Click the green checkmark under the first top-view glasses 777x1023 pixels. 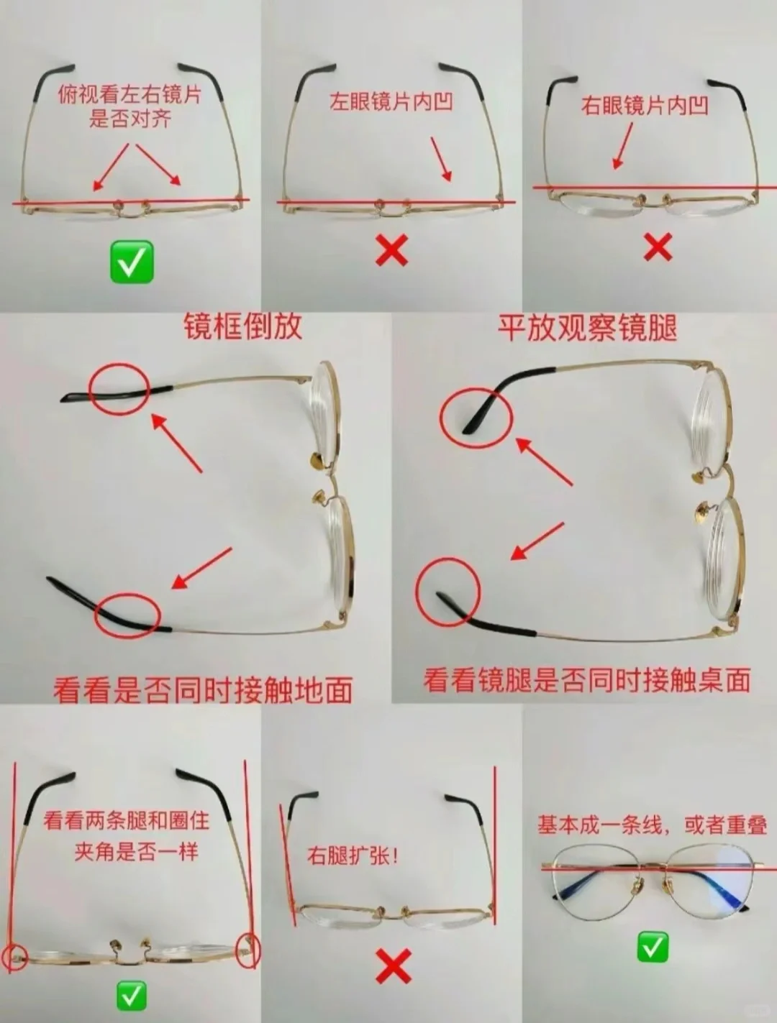pos(132,262)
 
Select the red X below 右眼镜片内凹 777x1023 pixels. pos(657,247)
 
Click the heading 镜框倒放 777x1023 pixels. pos(242,327)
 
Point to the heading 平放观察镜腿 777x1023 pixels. pos(587,328)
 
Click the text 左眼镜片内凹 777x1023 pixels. pos(391,101)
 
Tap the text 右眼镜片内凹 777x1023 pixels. pos(645,106)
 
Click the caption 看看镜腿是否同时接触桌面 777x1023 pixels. pos(586,679)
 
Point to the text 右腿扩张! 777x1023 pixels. pos(353,855)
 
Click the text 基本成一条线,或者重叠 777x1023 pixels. pos(652,825)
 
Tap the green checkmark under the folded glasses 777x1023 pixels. pos(653,948)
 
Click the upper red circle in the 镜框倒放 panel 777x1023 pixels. pos(119,388)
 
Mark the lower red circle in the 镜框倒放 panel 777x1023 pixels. pos(127,615)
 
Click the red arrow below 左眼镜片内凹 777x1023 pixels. pos(442,159)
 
